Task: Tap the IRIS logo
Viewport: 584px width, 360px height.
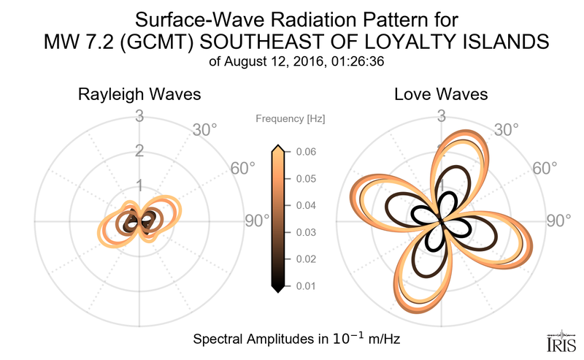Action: click(x=561, y=341)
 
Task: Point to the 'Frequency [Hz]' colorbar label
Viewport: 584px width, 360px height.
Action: click(x=291, y=118)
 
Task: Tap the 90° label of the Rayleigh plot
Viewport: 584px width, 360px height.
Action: click(x=256, y=221)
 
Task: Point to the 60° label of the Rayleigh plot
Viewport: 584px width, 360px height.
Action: click(x=243, y=168)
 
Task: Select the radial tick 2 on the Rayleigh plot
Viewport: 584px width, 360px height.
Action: click(x=139, y=151)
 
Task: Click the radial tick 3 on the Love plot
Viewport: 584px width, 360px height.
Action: click(x=441, y=115)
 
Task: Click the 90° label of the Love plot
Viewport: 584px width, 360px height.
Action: click(x=558, y=221)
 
